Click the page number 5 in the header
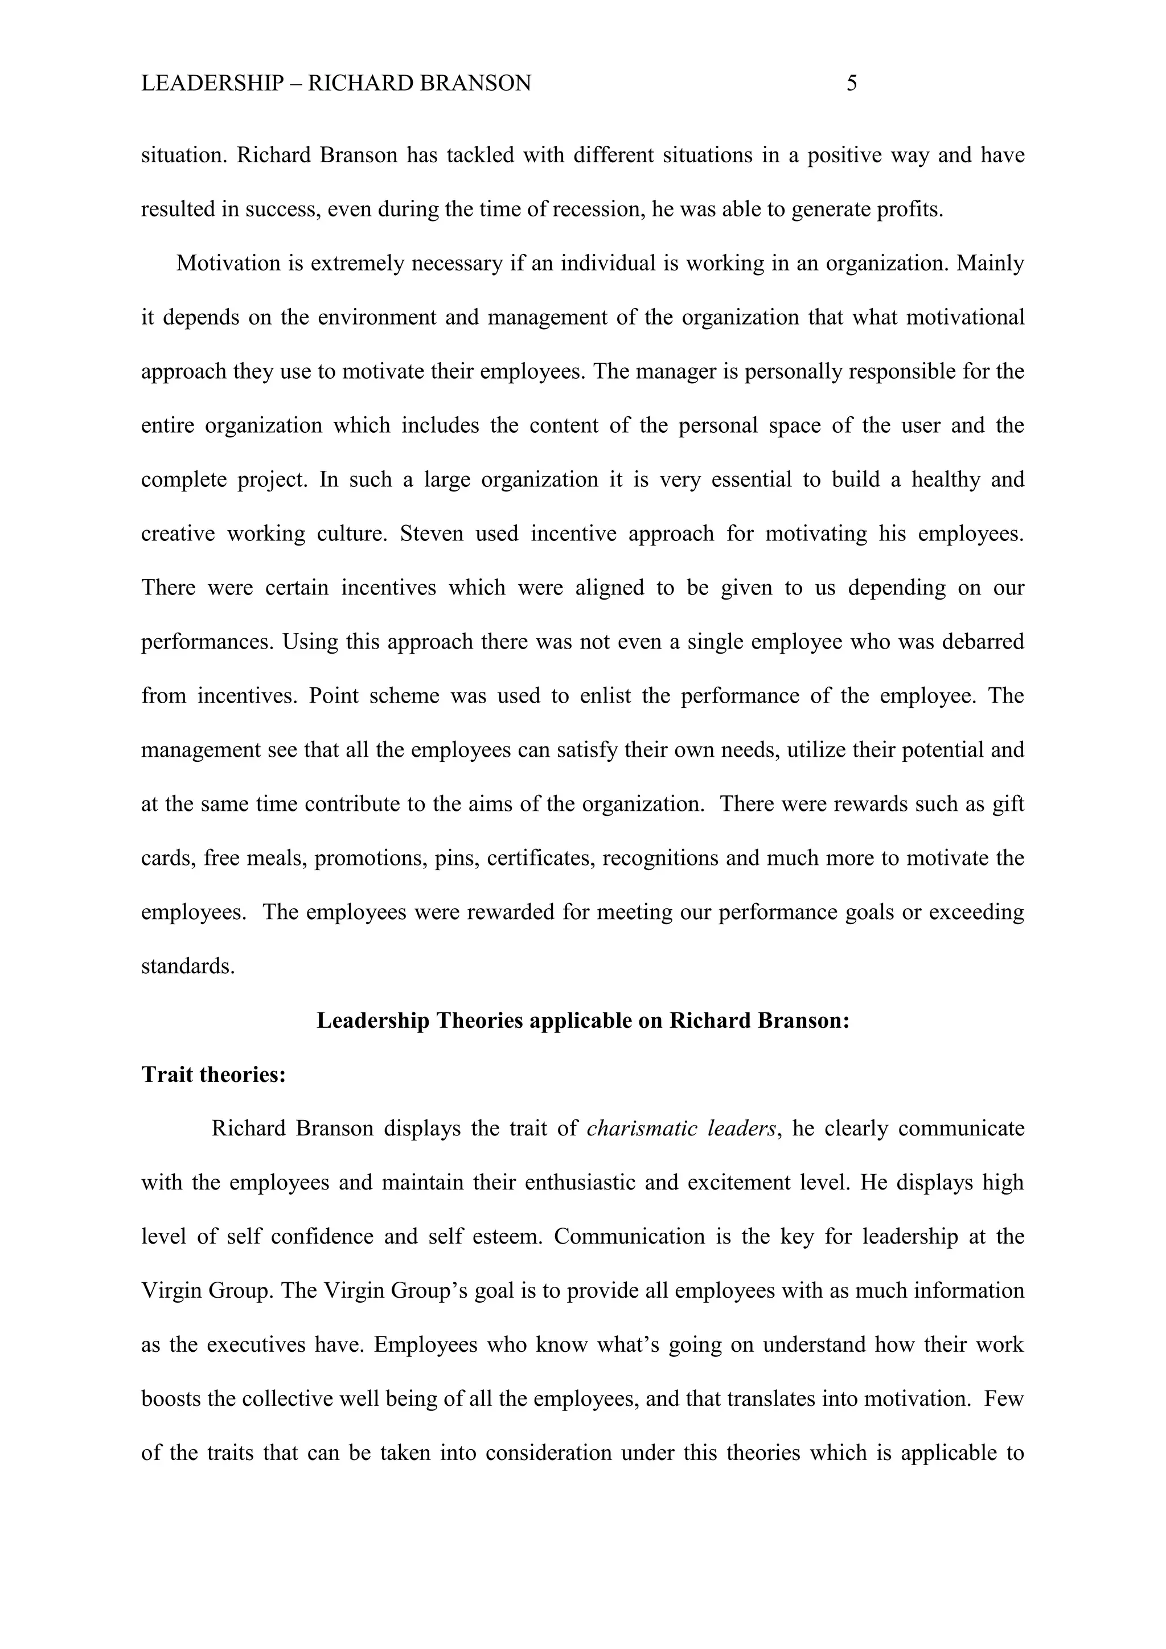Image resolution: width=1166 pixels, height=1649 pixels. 852,83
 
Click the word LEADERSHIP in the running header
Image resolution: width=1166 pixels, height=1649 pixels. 212,83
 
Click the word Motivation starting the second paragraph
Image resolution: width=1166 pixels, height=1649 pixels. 228,264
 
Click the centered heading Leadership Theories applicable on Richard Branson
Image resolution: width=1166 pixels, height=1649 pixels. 583,1020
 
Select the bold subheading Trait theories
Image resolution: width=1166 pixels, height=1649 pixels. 214,1074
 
